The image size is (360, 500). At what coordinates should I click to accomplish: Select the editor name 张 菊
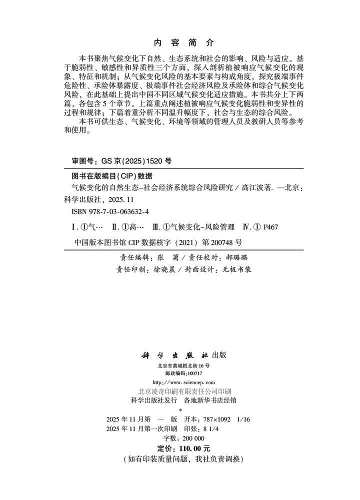point(164,257)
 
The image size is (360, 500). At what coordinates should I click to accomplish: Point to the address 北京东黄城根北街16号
point(179,366)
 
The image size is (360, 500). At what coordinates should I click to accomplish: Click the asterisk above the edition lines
point(180,410)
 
